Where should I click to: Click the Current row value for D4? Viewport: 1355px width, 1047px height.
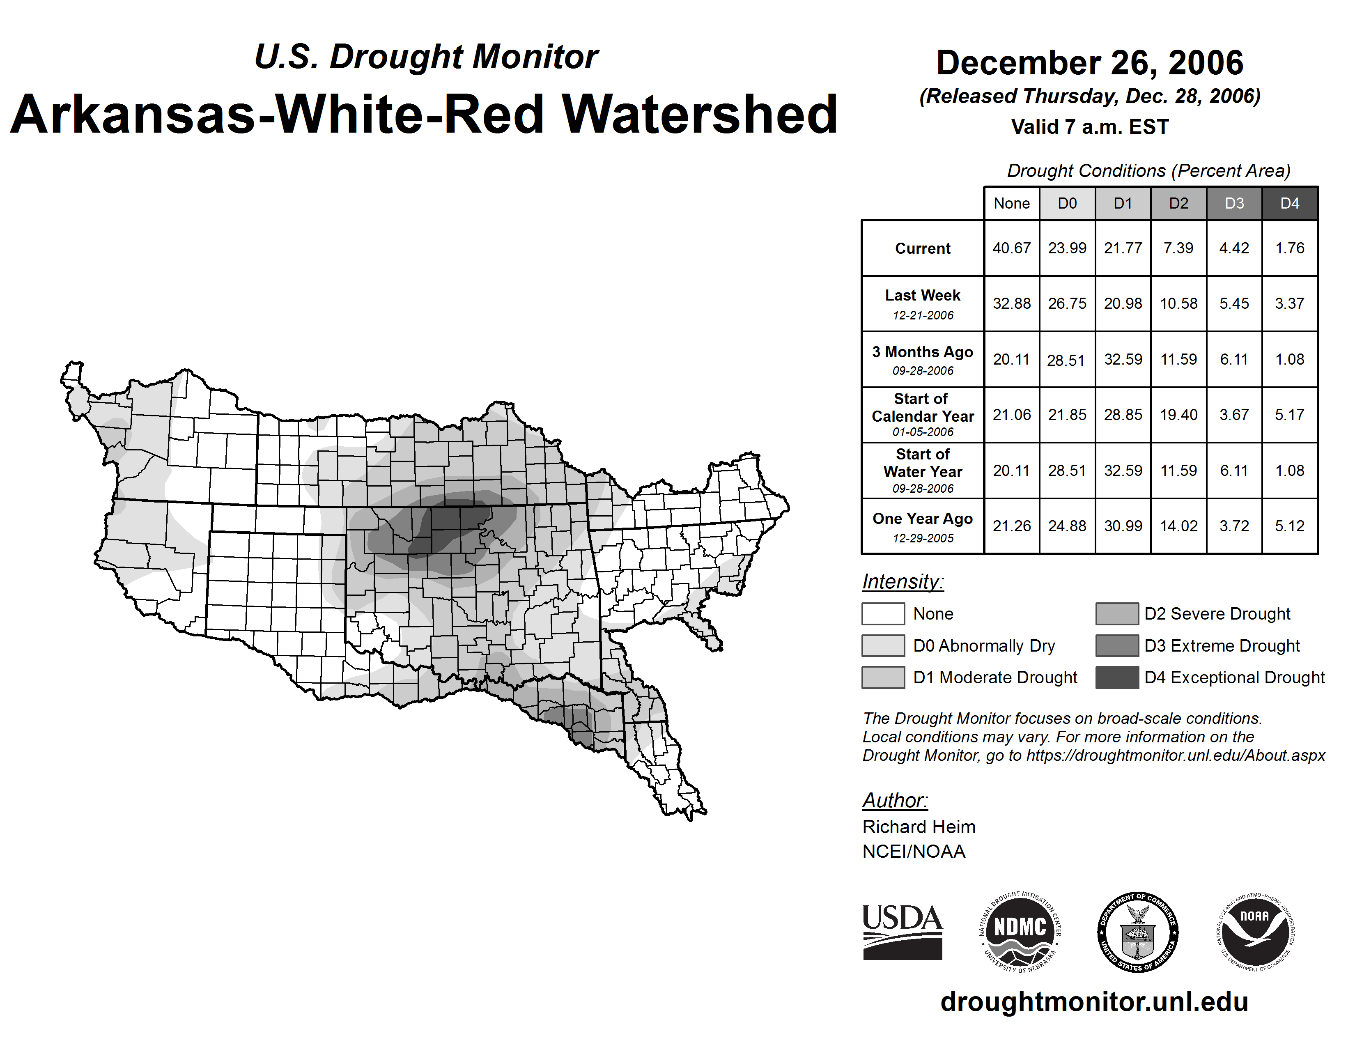point(1289,248)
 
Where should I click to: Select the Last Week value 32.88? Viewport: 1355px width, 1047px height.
point(1011,303)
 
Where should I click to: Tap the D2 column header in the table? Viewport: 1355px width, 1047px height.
point(1178,203)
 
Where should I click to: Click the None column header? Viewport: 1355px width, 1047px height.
point(1011,203)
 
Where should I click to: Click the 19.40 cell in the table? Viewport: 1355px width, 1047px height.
point(1178,414)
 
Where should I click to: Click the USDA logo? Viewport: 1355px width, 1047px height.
point(902,932)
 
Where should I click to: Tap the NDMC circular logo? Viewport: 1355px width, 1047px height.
point(1020,932)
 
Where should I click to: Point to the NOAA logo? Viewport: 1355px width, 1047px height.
point(1254,932)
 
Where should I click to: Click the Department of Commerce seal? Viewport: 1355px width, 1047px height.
point(1138,932)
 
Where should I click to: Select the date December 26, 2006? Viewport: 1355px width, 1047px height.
point(1089,63)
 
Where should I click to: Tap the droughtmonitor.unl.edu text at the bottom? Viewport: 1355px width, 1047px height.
point(1094,1002)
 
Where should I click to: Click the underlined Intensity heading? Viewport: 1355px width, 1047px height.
point(903,582)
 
